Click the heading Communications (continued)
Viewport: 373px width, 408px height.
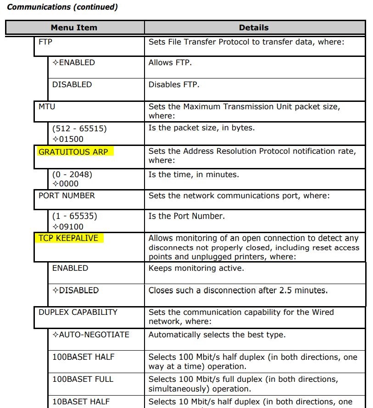pyautogui.click(x=62, y=7)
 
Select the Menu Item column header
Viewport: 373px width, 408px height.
pyautogui.click(x=74, y=28)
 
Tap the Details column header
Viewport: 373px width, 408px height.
pyautogui.click(x=254, y=28)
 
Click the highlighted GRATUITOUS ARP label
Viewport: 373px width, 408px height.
pyautogui.click(x=73, y=151)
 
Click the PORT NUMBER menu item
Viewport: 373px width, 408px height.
pyautogui.click(x=67, y=196)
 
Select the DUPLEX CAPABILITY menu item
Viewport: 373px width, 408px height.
pyautogui.click(x=78, y=312)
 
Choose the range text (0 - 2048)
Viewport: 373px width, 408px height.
pyautogui.click(x=75, y=174)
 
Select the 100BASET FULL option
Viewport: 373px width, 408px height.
pyautogui.click(x=83, y=379)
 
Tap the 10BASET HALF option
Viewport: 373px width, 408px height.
pyautogui.click(x=81, y=402)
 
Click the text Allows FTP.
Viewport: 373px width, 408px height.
pyautogui.click(x=170, y=62)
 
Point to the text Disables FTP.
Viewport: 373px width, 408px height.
pyautogui.click(x=174, y=84)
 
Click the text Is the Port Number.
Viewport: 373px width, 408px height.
pyautogui.click(x=186, y=216)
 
